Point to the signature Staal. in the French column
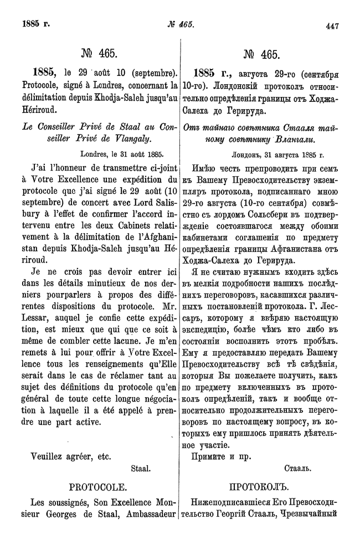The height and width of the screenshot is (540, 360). coord(141,469)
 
